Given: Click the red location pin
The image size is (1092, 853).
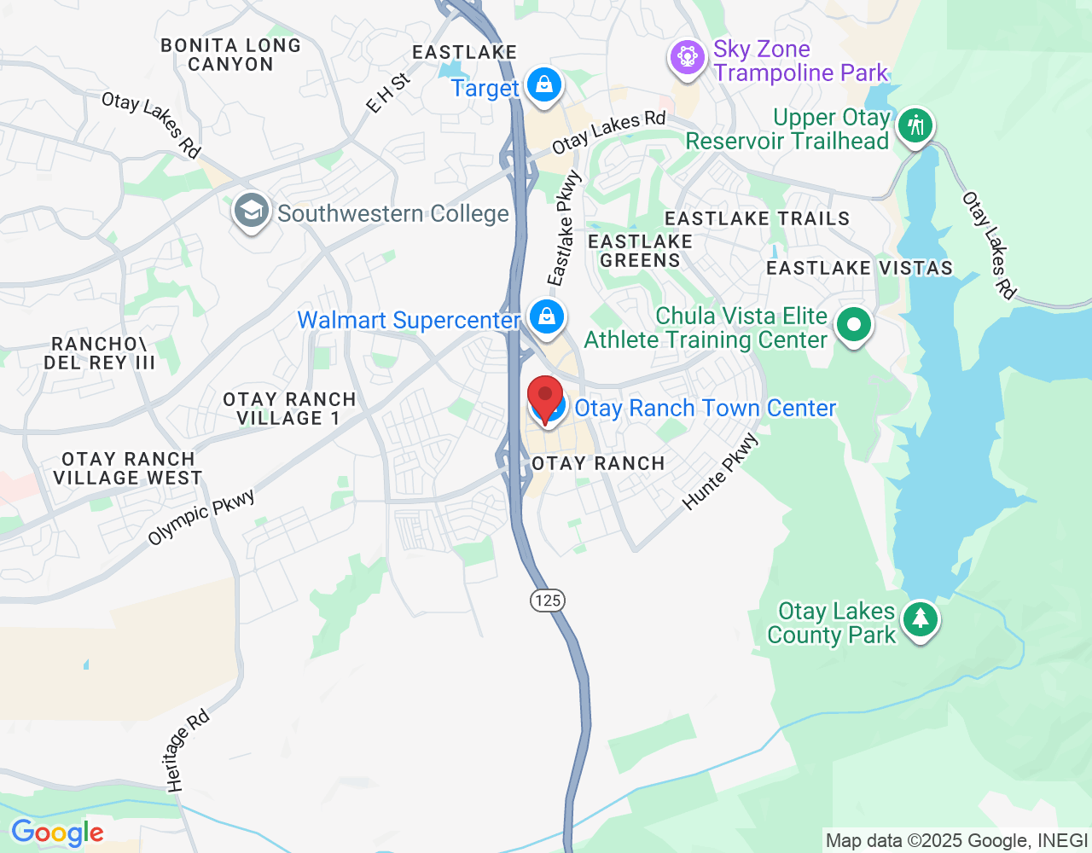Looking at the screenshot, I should [545, 397].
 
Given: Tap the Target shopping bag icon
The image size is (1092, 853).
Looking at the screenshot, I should [543, 84].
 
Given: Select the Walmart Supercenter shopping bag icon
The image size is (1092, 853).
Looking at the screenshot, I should [546, 316].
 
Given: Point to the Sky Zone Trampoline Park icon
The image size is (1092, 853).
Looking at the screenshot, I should [687, 58].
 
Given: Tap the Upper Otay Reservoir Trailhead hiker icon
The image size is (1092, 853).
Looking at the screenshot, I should [915, 126].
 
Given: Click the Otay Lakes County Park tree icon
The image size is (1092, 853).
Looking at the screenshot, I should [920, 618].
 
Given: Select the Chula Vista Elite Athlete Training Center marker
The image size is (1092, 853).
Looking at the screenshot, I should [853, 324].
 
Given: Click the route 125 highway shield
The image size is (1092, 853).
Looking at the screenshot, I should [547, 601].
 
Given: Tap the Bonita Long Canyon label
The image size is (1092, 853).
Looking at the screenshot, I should [230, 55].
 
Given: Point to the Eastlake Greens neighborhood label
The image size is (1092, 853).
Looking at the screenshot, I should [641, 251].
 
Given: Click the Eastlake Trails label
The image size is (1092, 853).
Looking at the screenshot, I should [757, 219].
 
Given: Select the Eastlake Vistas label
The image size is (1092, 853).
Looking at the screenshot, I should [859, 269].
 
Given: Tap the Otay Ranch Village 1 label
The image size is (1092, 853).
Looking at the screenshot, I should [289, 409].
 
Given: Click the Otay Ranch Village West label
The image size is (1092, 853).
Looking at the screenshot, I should [128, 468].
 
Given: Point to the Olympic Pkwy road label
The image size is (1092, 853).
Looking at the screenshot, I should [201, 517].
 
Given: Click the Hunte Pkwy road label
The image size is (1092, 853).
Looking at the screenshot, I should [721, 472].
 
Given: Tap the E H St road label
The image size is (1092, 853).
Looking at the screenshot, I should [388, 93].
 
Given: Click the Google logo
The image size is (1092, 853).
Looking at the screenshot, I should [57, 833].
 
